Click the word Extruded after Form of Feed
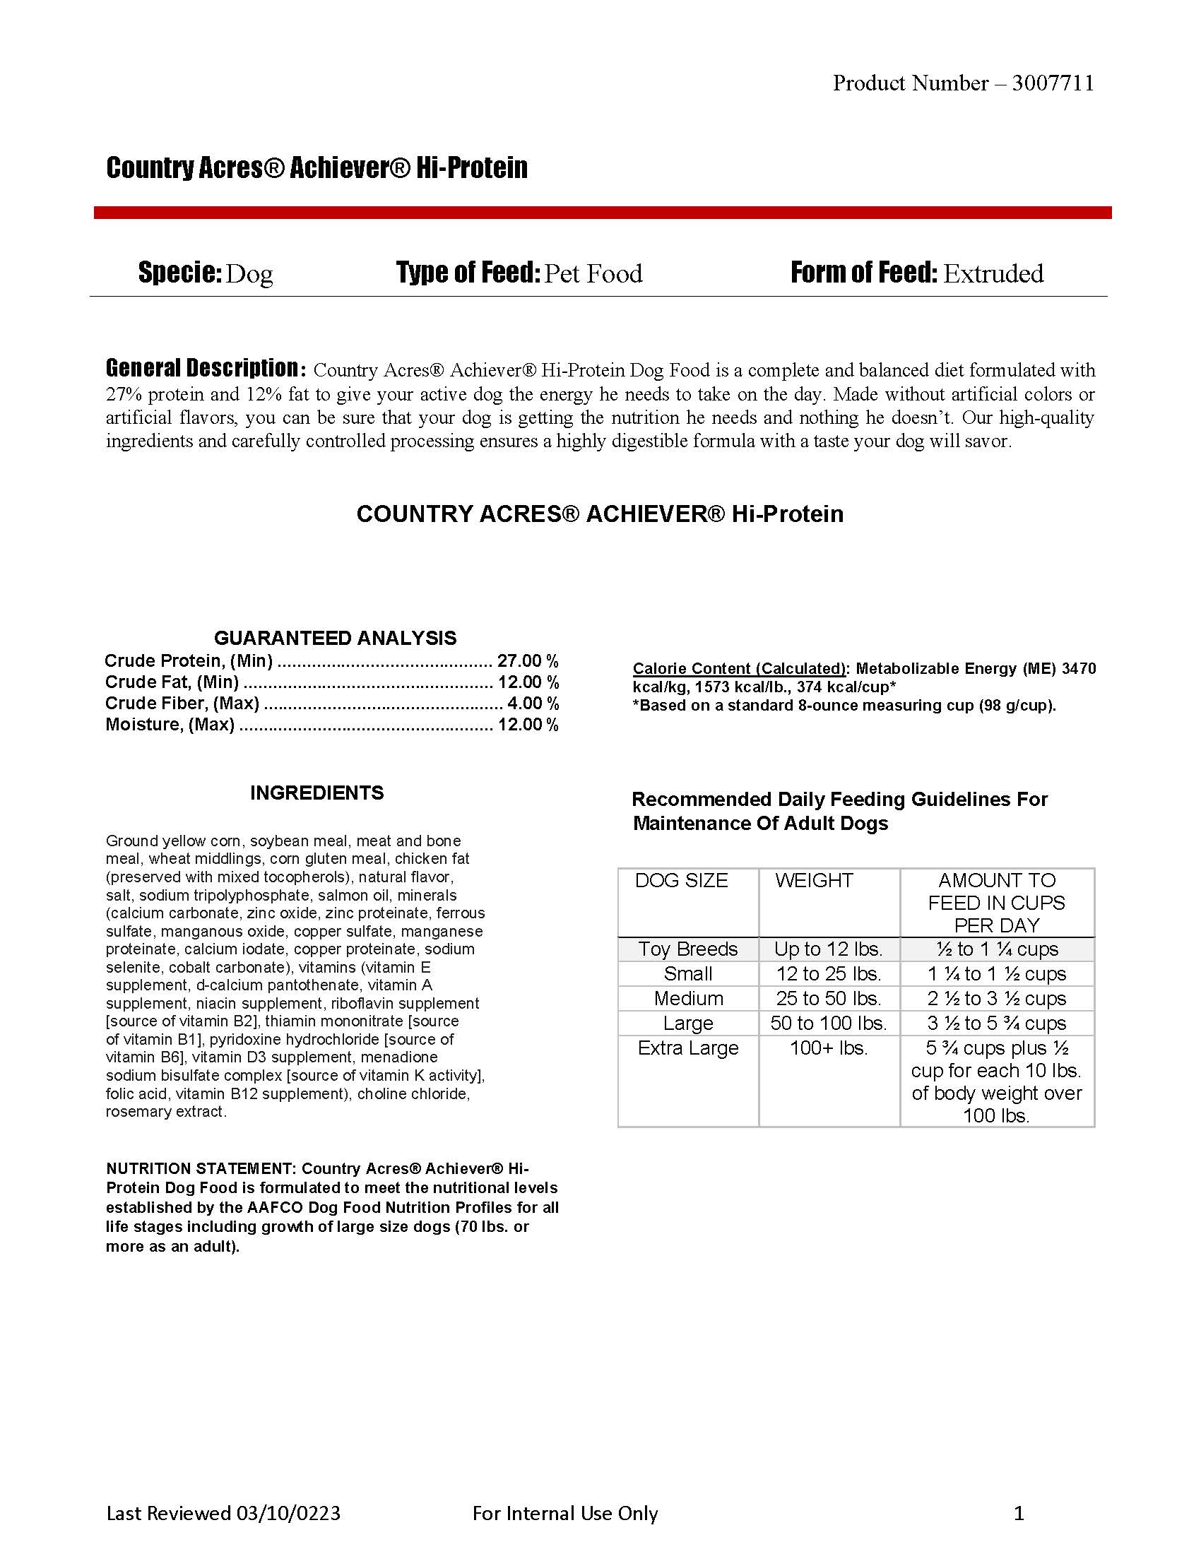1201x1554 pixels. pyautogui.click(x=993, y=273)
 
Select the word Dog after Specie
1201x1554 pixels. pyautogui.click(x=249, y=274)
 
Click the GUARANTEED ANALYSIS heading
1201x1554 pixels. pyautogui.click(x=335, y=638)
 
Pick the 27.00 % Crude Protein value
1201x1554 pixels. pyautogui.click(x=527, y=661)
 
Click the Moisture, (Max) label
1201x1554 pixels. pyautogui.click(x=170, y=724)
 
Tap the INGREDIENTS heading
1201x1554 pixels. pyautogui.click(x=316, y=793)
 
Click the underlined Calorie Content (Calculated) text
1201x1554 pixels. pyautogui.click(x=739, y=669)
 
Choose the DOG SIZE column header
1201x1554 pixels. pyautogui.click(x=681, y=881)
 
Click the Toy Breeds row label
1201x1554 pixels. pyautogui.click(x=688, y=949)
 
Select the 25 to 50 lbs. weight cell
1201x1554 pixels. pyautogui.click(x=828, y=998)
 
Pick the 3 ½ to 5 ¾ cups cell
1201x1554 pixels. pyautogui.click(x=996, y=1024)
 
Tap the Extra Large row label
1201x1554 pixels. pyautogui.click(x=688, y=1048)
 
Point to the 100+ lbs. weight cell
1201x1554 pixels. pyautogui.click(x=828, y=1048)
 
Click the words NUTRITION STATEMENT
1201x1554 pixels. pyautogui.click(x=199, y=1168)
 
